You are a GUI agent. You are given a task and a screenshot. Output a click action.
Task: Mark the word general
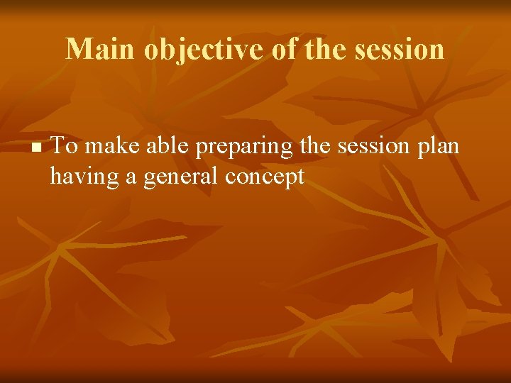181,176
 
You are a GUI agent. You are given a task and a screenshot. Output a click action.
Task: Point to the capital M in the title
78,49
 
